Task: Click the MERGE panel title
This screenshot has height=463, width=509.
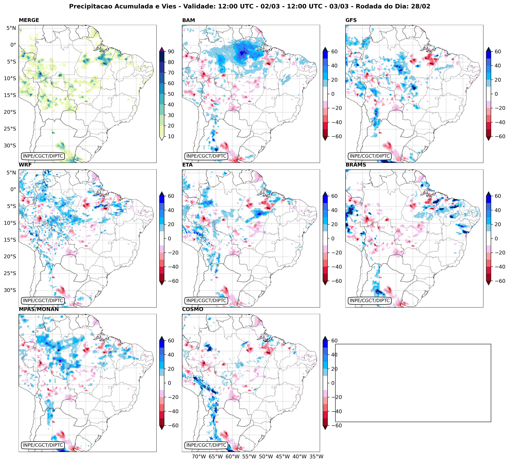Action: [x=29, y=20]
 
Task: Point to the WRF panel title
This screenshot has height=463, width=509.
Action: [x=25, y=165]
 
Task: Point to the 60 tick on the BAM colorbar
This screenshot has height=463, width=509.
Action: [x=334, y=51]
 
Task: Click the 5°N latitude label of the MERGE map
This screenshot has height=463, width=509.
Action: [x=11, y=28]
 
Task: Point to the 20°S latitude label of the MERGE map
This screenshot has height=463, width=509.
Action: [x=10, y=112]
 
